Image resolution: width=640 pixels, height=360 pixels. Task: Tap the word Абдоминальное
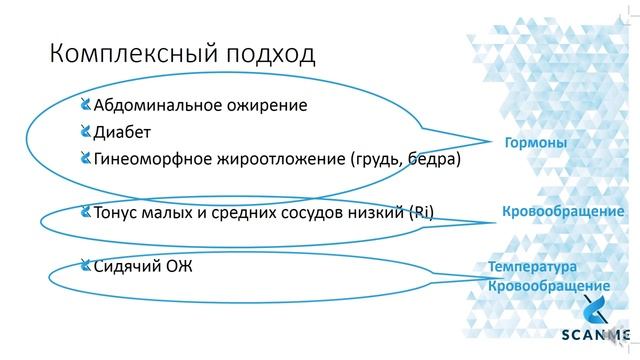(x=158, y=104)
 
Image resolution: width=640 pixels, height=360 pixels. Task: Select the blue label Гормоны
(x=534, y=143)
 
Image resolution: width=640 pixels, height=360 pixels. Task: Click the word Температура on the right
(x=533, y=269)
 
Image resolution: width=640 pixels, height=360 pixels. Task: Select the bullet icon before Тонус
(x=85, y=212)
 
